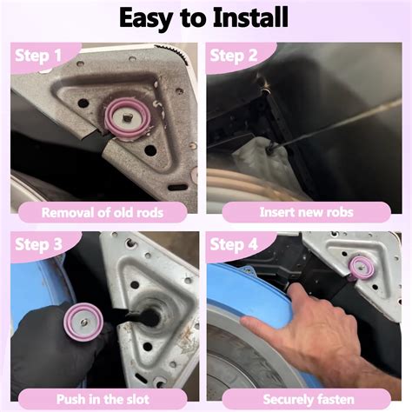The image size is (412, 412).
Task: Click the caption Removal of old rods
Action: point(103,211)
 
